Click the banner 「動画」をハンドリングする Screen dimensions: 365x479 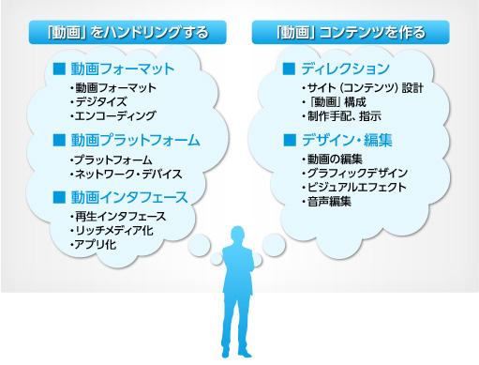[x=127, y=33]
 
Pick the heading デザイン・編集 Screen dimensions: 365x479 [x=347, y=141]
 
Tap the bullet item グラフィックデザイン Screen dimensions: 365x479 [x=352, y=174]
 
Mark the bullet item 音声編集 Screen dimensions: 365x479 [x=327, y=202]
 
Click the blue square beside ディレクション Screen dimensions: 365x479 [x=290, y=68]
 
